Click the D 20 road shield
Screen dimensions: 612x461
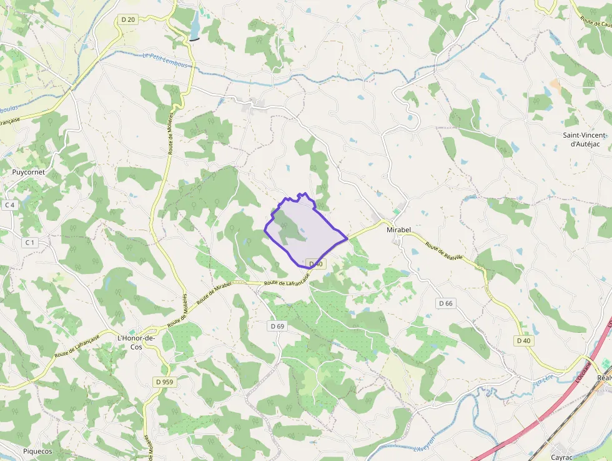point(127,19)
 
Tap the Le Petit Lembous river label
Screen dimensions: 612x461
point(165,60)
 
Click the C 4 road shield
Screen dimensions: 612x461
point(9,205)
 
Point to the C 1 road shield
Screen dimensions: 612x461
point(29,242)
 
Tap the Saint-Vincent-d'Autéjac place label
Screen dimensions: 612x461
point(585,139)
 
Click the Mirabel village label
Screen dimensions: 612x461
point(398,230)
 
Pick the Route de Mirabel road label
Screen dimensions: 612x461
point(214,293)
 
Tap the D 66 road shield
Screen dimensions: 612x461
point(445,303)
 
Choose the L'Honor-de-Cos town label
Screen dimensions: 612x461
point(136,342)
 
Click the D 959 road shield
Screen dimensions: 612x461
point(164,382)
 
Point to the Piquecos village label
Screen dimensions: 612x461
point(37,451)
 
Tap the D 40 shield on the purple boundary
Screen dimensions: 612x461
point(316,264)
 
